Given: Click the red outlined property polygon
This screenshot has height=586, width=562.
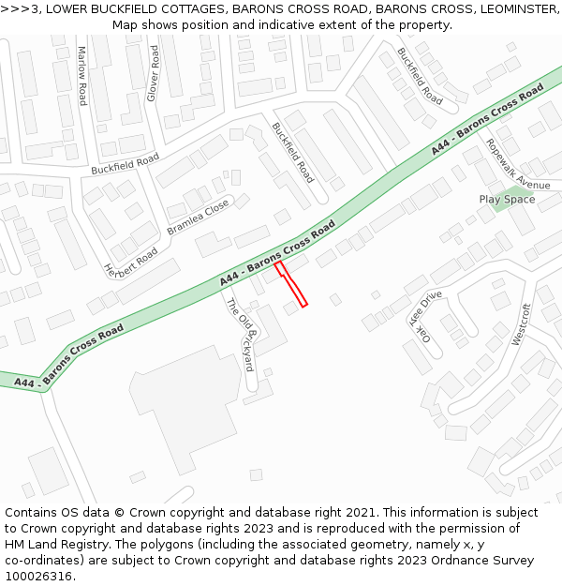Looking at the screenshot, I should pos(290,284).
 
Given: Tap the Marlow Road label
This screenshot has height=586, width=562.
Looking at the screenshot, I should pos(81,75).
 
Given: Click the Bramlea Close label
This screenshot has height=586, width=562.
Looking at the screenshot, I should pos(198,218).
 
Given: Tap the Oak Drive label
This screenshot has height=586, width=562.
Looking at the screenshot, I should pos(424,320).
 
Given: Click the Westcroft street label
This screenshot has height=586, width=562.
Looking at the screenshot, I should pos(522,324).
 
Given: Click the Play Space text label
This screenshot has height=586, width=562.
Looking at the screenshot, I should pos(507,199).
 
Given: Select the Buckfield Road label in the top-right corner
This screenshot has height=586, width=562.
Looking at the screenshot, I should pos(419,75).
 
